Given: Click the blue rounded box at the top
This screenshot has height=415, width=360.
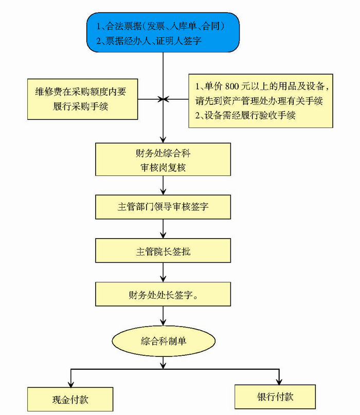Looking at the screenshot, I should pyautogui.click(x=164, y=32).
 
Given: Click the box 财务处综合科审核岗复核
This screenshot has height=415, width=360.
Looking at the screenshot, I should pyautogui.click(x=163, y=159).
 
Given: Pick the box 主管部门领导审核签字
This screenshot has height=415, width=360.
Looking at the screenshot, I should pyautogui.click(x=163, y=207).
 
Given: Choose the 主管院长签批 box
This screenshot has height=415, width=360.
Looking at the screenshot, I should pyautogui.click(x=163, y=252).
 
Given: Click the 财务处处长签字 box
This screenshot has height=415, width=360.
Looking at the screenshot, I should pyautogui.click(x=163, y=296).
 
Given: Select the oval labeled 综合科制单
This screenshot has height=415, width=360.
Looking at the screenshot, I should pyautogui.click(x=163, y=340).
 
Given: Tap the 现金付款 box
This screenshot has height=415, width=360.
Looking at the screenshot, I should pyautogui.click(x=70, y=399).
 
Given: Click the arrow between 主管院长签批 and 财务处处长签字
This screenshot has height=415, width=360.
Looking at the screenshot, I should pyautogui.click(x=163, y=273).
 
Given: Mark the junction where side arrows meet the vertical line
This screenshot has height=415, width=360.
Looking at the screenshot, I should pyautogui.click(x=163, y=99).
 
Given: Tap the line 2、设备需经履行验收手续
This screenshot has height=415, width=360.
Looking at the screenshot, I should pyautogui.click(x=245, y=116).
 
